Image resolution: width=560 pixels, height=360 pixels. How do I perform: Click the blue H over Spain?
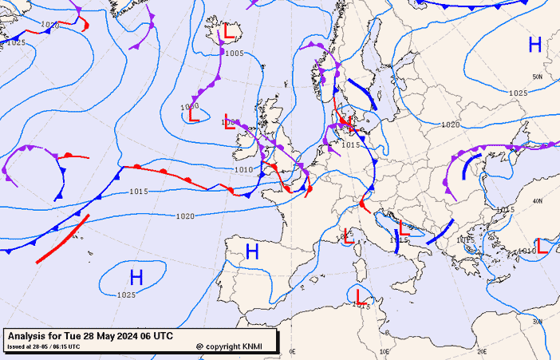(252, 253)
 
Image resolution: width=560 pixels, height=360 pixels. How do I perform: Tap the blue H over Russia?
(534, 45)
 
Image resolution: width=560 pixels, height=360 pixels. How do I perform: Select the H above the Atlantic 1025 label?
(136, 278)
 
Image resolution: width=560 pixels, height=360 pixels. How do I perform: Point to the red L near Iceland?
(230, 33)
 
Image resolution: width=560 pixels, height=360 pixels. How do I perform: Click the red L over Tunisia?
(361, 298)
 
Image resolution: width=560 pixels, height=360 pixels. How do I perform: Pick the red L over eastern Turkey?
(542, 247)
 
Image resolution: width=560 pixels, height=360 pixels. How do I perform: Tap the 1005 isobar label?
(235, 53)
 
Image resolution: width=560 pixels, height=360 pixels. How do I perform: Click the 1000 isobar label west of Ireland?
(189, 106)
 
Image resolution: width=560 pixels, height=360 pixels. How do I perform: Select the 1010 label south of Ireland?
(244, 169)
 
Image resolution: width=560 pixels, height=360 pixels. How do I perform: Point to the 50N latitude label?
(538, 77)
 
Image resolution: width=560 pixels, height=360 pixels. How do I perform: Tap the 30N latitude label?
(537, 321)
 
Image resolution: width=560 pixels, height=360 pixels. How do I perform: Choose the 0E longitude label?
(292, 350)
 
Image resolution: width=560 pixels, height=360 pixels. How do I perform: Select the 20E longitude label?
(480, 350)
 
